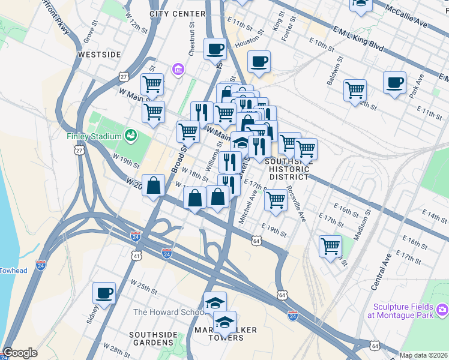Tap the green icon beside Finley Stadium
pos(130,136)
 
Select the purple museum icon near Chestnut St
pos(178,70)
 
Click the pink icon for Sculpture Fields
pos(442,310)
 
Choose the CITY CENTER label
pos(175,13)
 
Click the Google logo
pos(20,353)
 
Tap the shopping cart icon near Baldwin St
pos(355,90)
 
